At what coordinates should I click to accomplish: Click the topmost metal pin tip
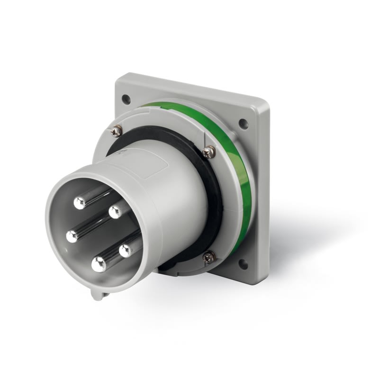80,203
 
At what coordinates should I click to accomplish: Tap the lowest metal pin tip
99,264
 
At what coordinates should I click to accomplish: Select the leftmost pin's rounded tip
72,236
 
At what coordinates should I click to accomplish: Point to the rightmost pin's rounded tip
126,250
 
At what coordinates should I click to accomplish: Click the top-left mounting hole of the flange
126,99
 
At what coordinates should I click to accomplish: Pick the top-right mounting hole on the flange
244,124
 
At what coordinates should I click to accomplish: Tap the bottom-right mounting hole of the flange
243,264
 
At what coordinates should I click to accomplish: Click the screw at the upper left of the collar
116,132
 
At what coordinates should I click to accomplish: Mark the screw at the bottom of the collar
209,257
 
